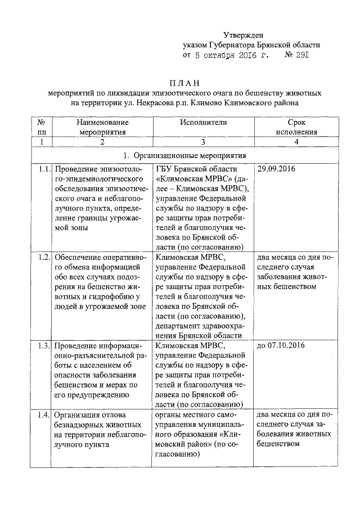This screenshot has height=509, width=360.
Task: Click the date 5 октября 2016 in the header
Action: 228,56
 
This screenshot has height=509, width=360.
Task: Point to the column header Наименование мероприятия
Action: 102,127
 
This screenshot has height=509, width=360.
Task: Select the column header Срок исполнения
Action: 296,127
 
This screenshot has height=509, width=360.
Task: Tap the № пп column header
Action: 41,127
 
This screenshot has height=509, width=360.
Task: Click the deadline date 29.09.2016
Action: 276,168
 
